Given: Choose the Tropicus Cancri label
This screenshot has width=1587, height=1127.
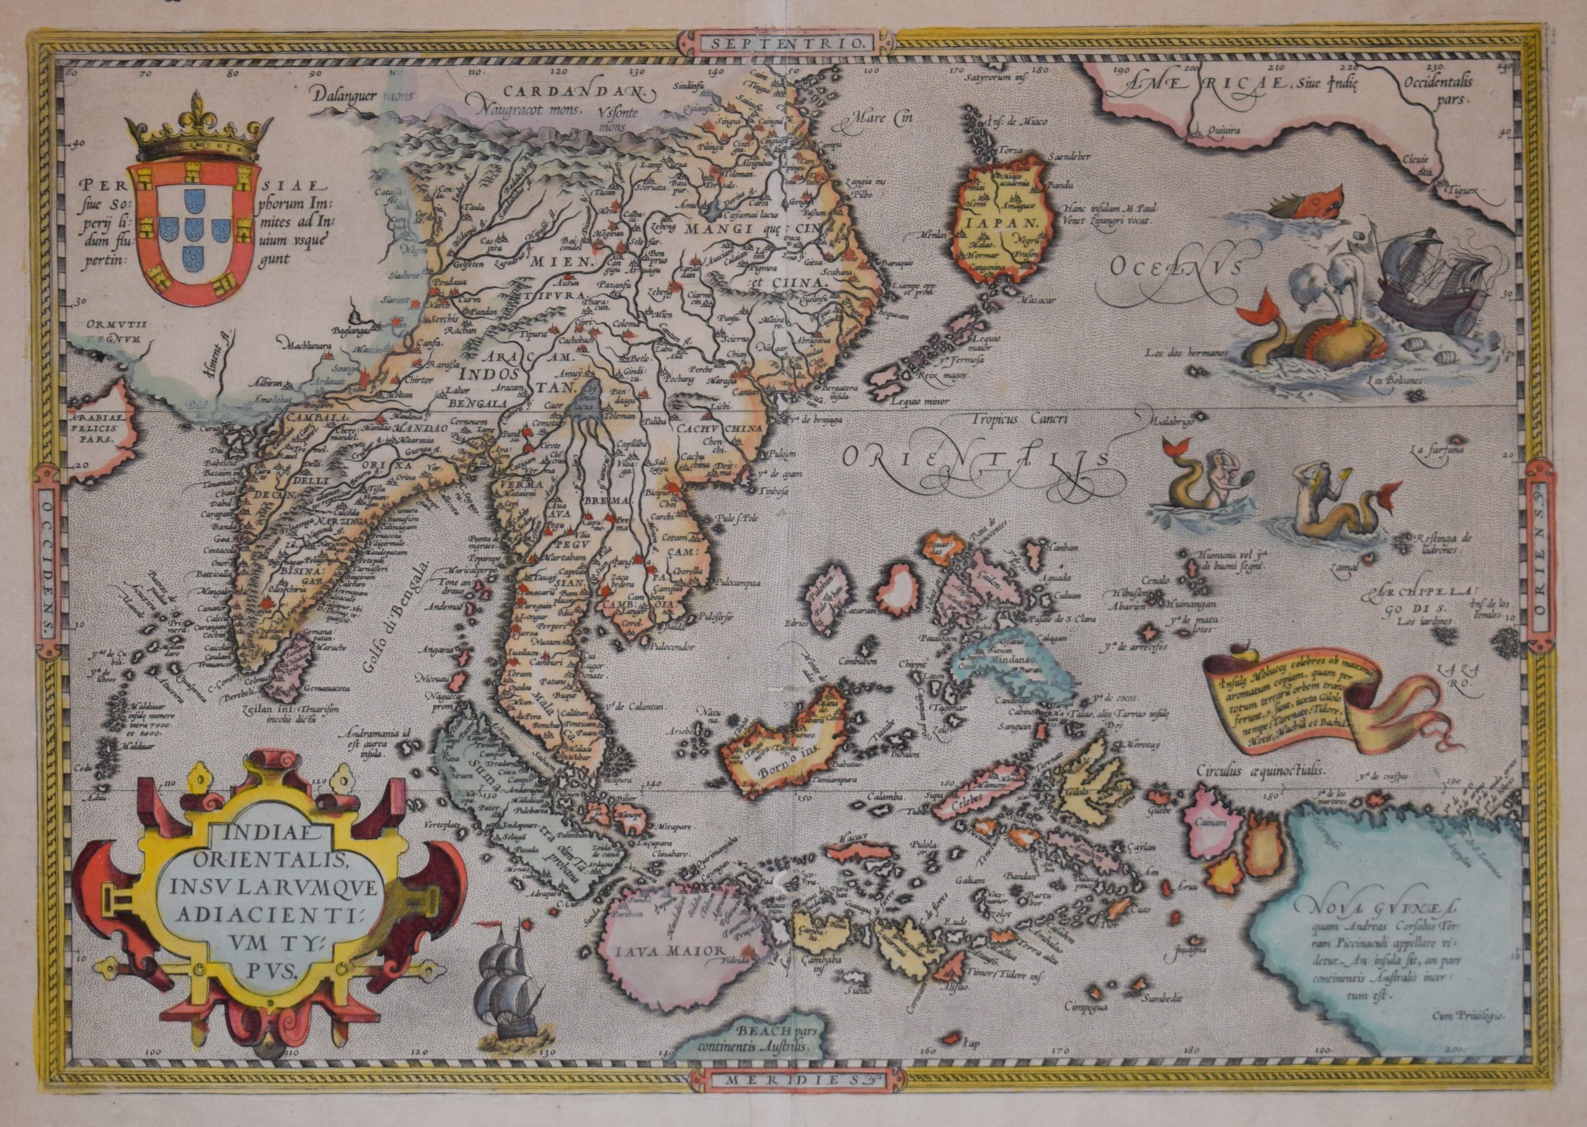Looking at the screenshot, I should point(1014,418).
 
